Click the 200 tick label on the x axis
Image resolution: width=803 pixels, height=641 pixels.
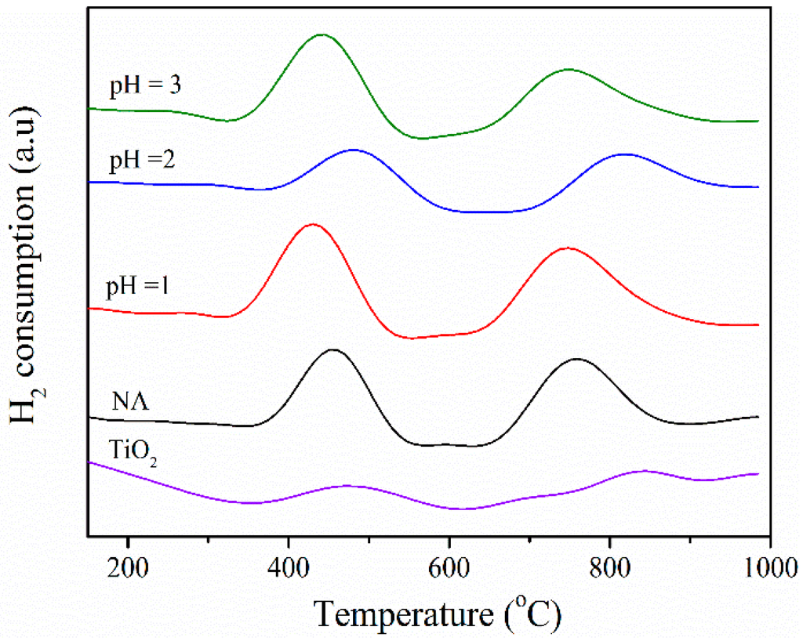tap(126, 565)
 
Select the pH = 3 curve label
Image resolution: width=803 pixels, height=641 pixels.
tap(145, 85)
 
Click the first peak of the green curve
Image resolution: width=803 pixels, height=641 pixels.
tap(322, 34)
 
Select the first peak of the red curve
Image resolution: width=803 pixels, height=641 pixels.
tap(313, 224)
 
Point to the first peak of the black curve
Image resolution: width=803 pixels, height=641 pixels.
tap(333, 349)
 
